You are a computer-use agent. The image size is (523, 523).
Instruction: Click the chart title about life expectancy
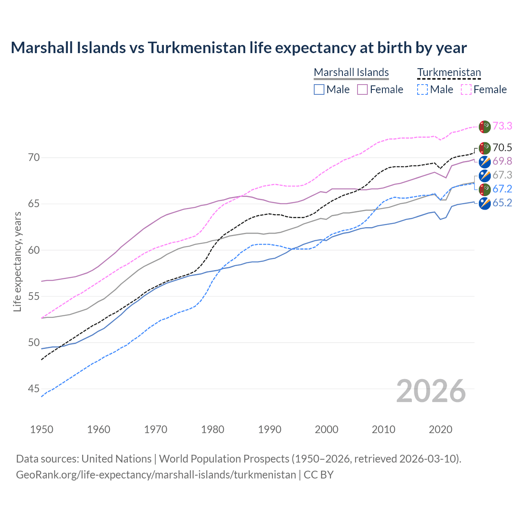(x=239, y=48)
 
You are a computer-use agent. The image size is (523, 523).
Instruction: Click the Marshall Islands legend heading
(x=351, y=72)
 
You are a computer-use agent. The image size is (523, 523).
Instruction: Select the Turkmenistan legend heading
(x=449, y=72)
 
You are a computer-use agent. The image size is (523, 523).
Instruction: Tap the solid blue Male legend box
(x=319, y=89)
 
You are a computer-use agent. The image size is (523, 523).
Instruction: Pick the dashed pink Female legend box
(x=466, y=89)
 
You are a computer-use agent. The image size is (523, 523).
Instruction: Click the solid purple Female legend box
(x=362, y=89)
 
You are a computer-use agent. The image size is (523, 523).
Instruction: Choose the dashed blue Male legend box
(x=422, y=89)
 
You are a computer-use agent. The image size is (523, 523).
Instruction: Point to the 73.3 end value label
(x=502, y=126)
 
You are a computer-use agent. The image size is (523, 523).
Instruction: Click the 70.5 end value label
(x=502, y=148)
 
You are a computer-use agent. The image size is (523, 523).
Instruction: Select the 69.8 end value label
(x=502, y=161)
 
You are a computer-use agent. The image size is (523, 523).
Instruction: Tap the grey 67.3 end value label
(x=502, y=175)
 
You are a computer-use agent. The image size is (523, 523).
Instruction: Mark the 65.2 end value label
(x=502, y=203)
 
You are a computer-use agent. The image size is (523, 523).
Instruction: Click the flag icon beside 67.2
(x=485, y=189)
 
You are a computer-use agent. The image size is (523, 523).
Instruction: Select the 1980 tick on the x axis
(x=212, y=429)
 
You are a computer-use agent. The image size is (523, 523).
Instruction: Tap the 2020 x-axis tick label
(x=440, y=429)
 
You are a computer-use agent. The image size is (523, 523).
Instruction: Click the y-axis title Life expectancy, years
(x=18, y=261)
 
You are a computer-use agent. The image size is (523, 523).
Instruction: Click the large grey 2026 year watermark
(x=431, y=391)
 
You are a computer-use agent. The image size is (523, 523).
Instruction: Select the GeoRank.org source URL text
(x=156, y=475)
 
